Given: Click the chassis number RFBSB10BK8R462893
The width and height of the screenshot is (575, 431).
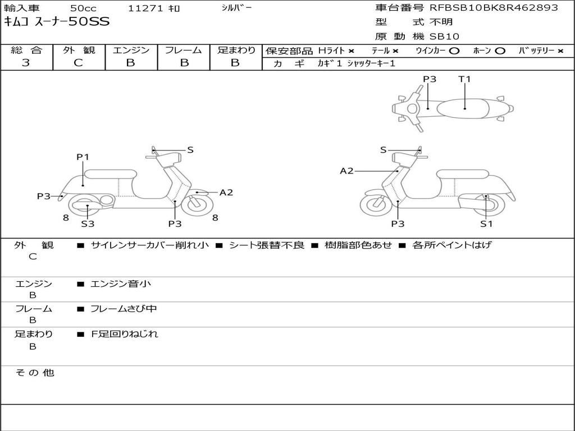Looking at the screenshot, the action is click(494, 8).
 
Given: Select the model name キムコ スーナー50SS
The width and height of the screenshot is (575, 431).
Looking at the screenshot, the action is click(57, 22).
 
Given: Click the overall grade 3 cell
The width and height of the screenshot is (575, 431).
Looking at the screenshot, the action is click(26, 63).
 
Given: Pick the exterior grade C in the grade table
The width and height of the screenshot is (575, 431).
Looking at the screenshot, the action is click(78, 63).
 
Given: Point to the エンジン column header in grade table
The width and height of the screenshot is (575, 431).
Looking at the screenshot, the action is click(131, 50).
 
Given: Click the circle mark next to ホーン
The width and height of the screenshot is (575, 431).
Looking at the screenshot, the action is click(500, 51).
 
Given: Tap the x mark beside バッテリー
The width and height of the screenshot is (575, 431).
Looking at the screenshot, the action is click(560, 51).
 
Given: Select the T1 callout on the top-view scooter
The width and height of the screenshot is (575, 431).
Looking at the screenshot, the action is click(464, 79).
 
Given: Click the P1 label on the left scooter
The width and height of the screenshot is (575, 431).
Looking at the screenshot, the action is click(83, 157).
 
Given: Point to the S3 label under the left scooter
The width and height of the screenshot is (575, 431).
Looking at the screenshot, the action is click(88, 224).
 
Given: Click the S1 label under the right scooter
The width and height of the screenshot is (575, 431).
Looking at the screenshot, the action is click(486, 224).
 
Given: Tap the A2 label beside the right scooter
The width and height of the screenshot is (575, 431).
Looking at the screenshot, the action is click(347, 171).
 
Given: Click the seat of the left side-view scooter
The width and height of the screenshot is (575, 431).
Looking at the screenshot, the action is click(110, 173).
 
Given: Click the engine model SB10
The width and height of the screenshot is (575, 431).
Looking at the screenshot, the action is click(445, 36).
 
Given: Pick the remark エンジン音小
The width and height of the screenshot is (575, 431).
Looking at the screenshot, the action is click(121, 284).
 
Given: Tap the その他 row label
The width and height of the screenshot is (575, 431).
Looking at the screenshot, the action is click(35, 373).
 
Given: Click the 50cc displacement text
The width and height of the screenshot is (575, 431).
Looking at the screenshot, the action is click(83, 8).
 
